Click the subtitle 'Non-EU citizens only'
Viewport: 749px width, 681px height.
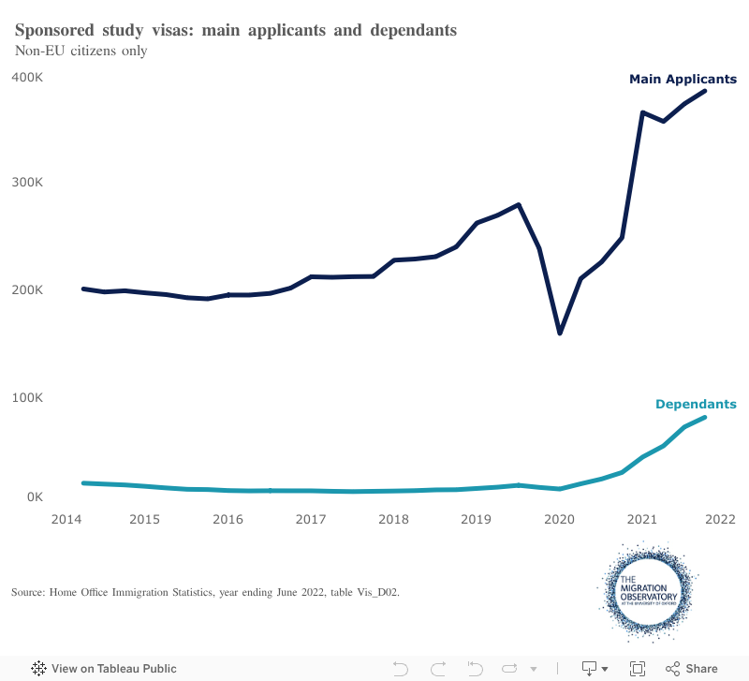pyautogui.click(x=81, y=51)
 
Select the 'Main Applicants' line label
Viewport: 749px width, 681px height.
pyautogui.click(x=683, y=79)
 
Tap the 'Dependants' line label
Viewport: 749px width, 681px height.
pyautogui.click(x=695, y=405)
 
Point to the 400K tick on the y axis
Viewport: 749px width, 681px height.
pyautogui.click(x=27, y=77)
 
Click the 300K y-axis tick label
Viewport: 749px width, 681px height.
pyautogui.click(x=27, y=183)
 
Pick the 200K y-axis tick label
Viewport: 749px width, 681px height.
pyautogui.click(x=27, y=289)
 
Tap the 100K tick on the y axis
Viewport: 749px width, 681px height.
pyautogui.click(x=27, y=397)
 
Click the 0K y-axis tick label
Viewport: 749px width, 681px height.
pyautogui.click(x=34, y=496)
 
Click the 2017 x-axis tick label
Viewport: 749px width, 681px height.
pyautogui.click(x=311, y=519)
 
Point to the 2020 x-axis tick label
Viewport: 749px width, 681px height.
pyautogui.click(x=559, y=519)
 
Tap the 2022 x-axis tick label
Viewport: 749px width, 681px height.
pyautogui.click(x=721, y=519)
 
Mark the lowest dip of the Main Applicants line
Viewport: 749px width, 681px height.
pyautogui.click(x=560, y=333)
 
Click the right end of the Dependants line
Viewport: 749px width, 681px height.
pyautogui.click(x=704, y=418)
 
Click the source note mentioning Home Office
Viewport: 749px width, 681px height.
pyautogui.click(x=206, y=592)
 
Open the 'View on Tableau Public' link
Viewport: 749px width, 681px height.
pyautogui.click(x=105, y=669)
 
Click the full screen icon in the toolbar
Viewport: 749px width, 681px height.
pyautogui.click(x=638, y=669)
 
